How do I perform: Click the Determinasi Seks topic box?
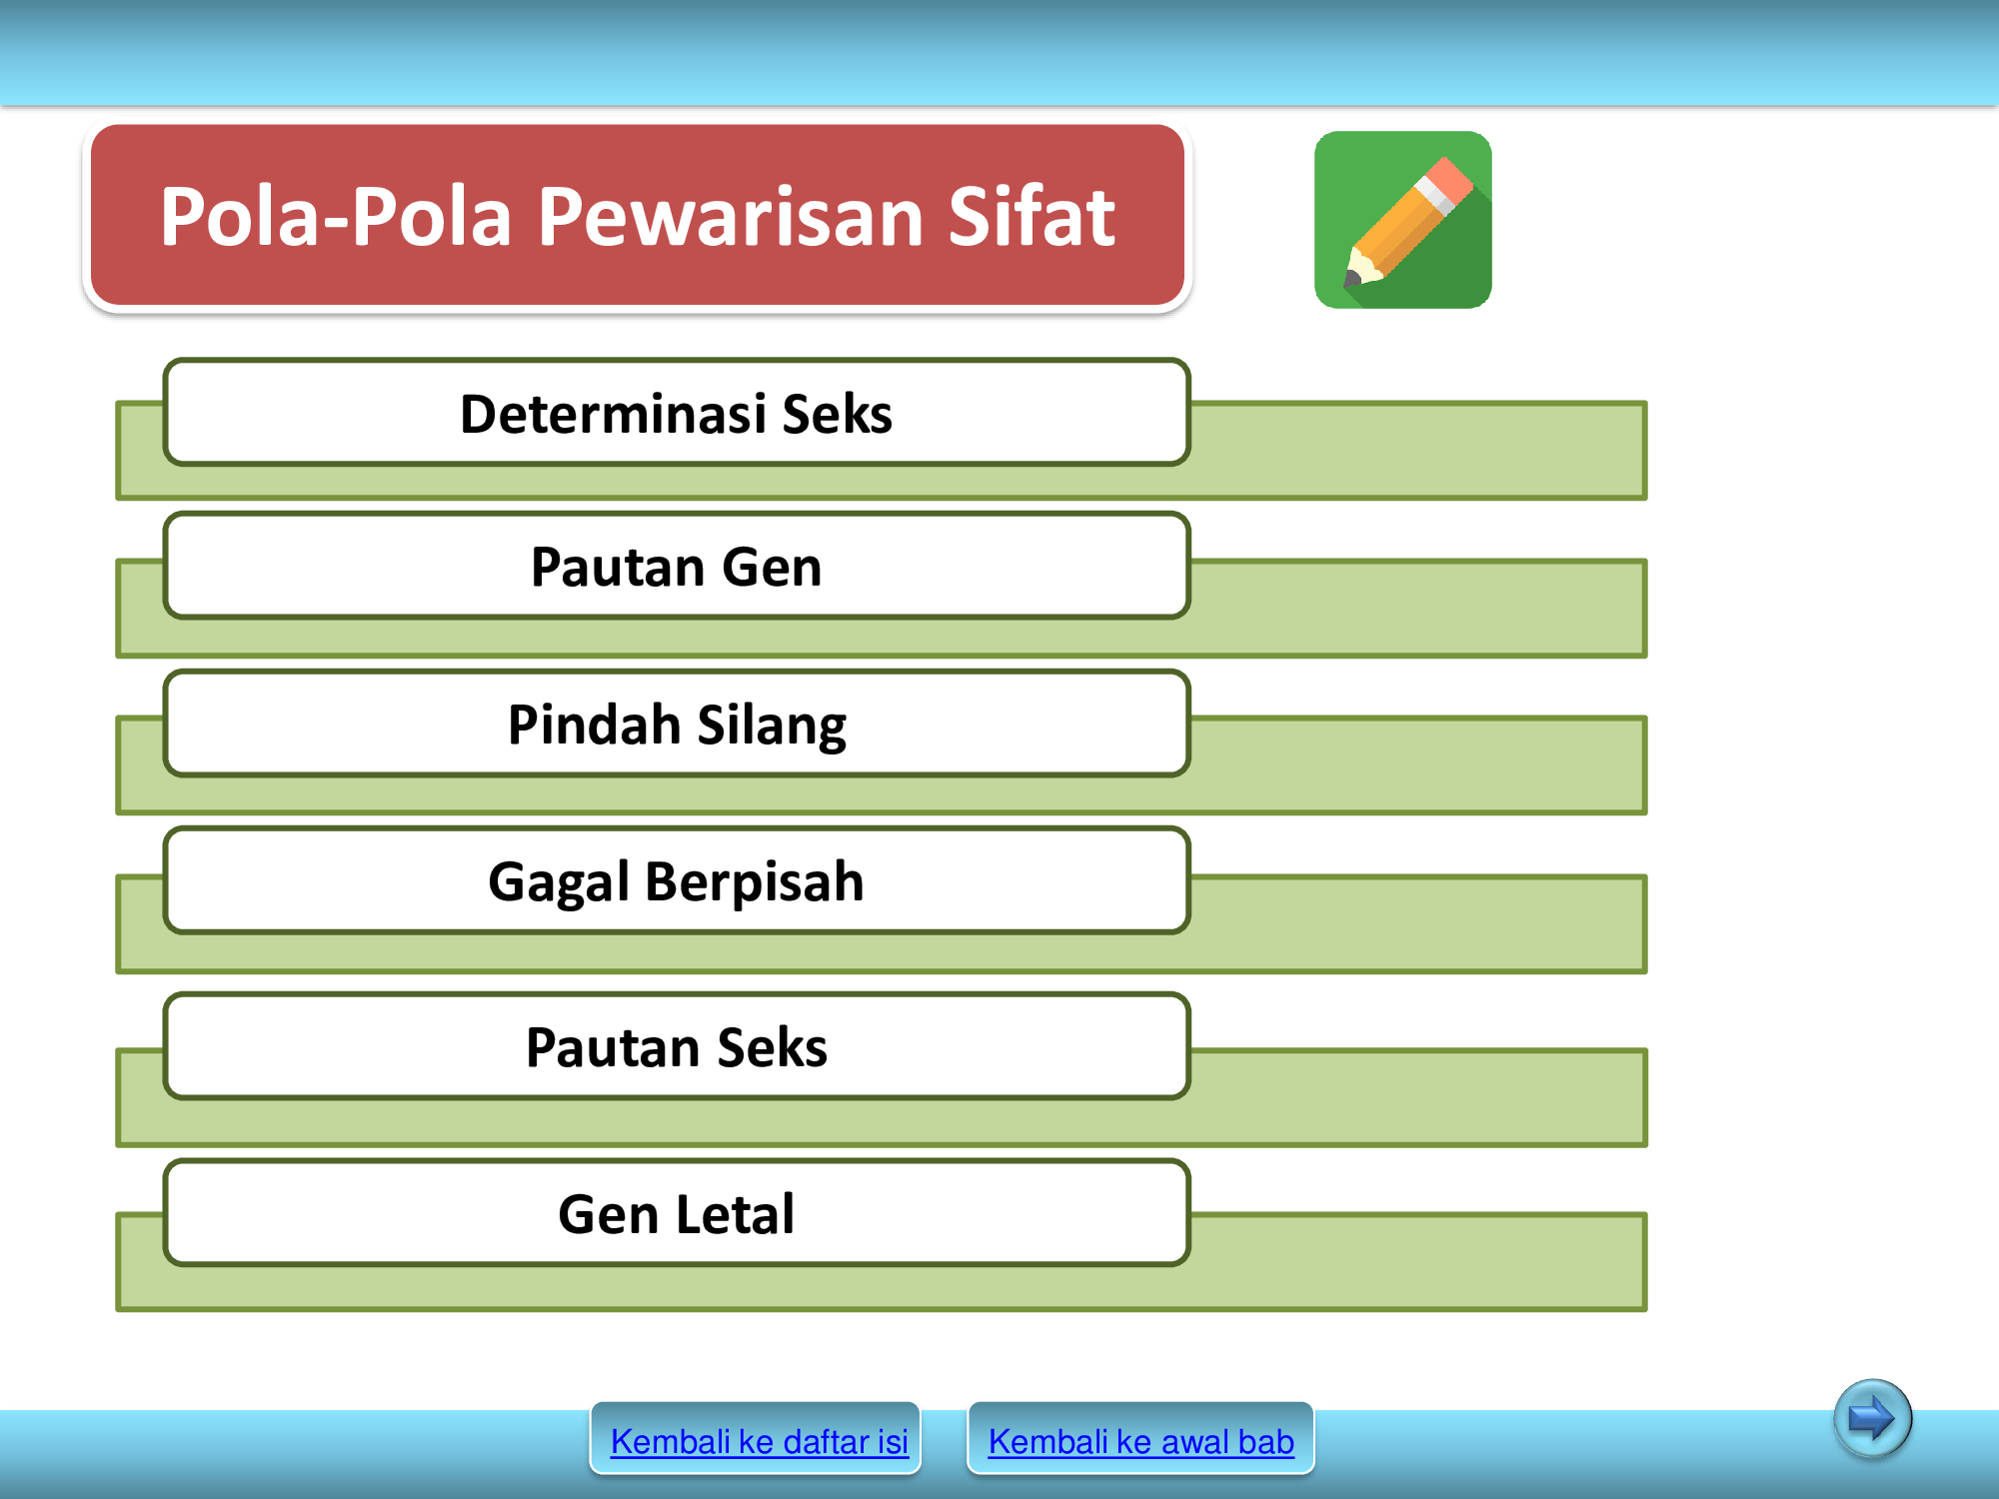(677, 413)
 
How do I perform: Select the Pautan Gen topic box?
(677, 567)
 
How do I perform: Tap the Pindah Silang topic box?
(677, 724)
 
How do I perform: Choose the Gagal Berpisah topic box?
(677, 880)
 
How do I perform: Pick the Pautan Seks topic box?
(677, 1046)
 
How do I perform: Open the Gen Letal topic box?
(677, 1213)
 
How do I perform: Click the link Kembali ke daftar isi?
(759, 1441)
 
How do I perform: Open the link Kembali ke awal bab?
(1140, 1441)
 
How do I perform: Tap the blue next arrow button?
(1872, 1418)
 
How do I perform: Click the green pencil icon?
(1402, 220)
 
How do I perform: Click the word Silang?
(772, 726)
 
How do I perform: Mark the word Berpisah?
(755, 882)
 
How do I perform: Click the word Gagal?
(559, 882)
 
